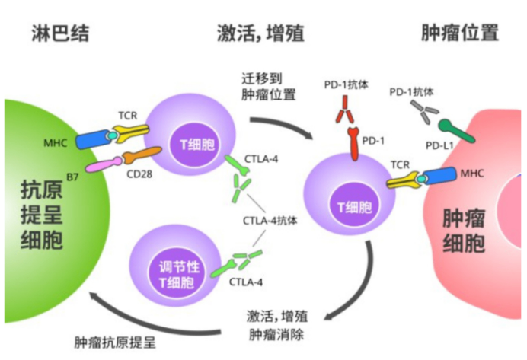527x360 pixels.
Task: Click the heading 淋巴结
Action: tap(61, 33)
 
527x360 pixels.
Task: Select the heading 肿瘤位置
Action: tap(460, 33)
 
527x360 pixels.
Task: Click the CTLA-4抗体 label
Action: tap(270, 221)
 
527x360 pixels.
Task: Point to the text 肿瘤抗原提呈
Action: tap(114, 341)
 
